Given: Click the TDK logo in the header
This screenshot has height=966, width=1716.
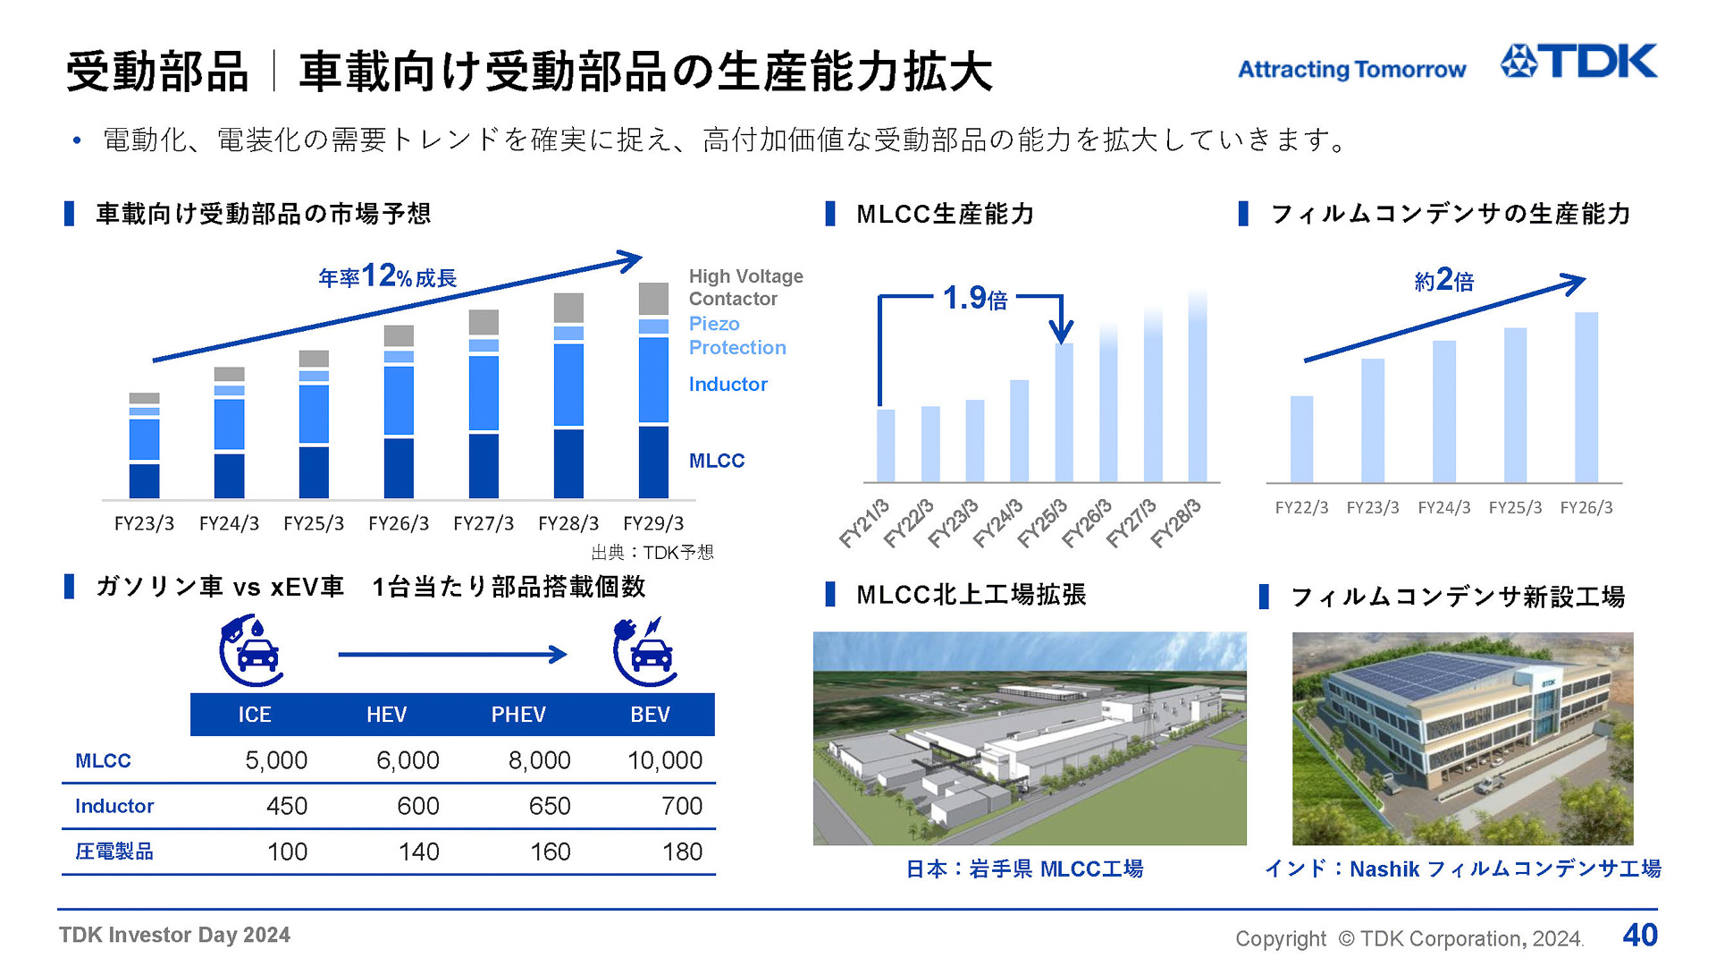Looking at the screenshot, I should click(1578, 62).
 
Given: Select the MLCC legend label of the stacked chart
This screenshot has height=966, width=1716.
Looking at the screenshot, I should click(716, 461).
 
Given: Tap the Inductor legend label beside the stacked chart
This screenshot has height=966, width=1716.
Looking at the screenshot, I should click(728, 385).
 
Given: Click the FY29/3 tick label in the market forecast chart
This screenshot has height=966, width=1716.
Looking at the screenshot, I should click(653, 523).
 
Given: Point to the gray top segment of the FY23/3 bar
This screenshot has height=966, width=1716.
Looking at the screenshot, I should click(144, 398).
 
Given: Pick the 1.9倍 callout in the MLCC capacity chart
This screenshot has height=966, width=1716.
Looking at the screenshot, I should click(974, 298).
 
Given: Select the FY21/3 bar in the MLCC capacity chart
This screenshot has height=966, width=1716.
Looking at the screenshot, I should click(886, 445).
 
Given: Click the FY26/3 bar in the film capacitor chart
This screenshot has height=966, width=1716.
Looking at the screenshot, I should click(1586, 397).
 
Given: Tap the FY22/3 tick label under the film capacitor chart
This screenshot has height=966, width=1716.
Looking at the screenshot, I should click(1301, 508).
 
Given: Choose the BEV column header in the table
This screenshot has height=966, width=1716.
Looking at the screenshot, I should click(650, 715).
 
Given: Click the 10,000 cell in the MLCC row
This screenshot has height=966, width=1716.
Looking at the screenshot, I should click(664, 760).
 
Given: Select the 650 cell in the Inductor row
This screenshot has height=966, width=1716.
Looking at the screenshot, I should click(550, 806).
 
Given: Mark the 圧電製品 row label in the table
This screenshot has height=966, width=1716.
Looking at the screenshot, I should click(114, 852).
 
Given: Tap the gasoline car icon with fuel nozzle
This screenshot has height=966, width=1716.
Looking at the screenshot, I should click(251, 651).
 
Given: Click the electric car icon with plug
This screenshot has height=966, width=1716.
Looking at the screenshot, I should click(644, 651).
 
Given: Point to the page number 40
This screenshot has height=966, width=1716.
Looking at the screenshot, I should click(1640, 936).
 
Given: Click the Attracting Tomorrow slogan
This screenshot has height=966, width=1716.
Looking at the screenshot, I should click(1351, 70).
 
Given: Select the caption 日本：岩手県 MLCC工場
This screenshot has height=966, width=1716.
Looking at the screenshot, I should click(1024, 869).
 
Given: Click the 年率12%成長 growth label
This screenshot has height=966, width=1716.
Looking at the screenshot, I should click(387, 276).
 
